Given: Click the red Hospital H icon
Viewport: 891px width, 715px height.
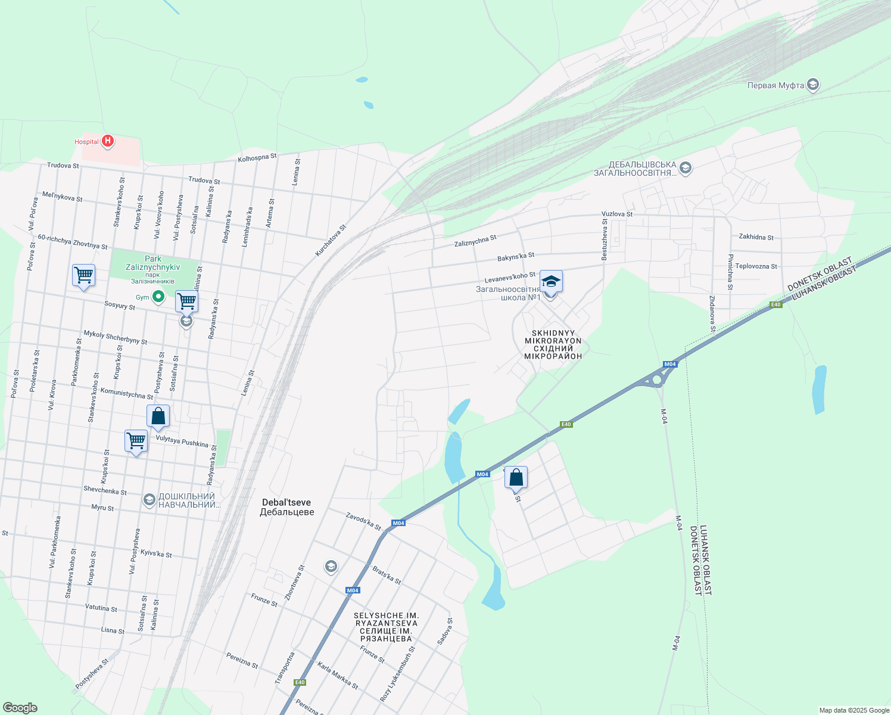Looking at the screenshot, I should (108, 141).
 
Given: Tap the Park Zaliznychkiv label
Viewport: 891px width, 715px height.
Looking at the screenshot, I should (153, 263).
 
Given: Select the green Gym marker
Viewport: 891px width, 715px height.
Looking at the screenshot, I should (158, 296).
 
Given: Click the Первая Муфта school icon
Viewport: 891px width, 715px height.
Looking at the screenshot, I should (813, 85).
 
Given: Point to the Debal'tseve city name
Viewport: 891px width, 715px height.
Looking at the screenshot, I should (286, 507).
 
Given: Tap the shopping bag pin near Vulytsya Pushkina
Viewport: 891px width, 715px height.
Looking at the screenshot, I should (158, 416).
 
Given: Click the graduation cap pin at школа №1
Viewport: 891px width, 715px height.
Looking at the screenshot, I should (551, 282).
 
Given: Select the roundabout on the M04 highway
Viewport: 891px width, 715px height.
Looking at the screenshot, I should (657, 379).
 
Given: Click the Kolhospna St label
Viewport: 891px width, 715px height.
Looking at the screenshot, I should (257, 158).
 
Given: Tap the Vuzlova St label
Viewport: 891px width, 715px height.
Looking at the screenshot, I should (617, 214).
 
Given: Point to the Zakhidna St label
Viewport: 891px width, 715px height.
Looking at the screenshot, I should (756, 237).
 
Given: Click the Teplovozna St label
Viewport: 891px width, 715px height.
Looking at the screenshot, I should (756, 266).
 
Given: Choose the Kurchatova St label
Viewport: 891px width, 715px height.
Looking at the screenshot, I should (331, 240).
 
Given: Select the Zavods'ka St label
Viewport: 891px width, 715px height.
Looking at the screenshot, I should (363, 521).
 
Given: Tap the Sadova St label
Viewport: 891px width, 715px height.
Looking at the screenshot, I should (445, 631).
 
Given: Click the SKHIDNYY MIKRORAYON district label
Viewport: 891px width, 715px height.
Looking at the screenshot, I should (553, 344).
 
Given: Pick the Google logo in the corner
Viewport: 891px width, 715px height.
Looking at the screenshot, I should (20, 708).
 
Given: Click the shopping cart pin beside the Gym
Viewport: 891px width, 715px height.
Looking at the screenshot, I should (186, 302).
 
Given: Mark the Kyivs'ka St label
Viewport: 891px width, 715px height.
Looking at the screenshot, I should (156, 554).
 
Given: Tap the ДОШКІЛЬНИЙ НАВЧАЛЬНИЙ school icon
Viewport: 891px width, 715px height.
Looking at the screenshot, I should (149, 500).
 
